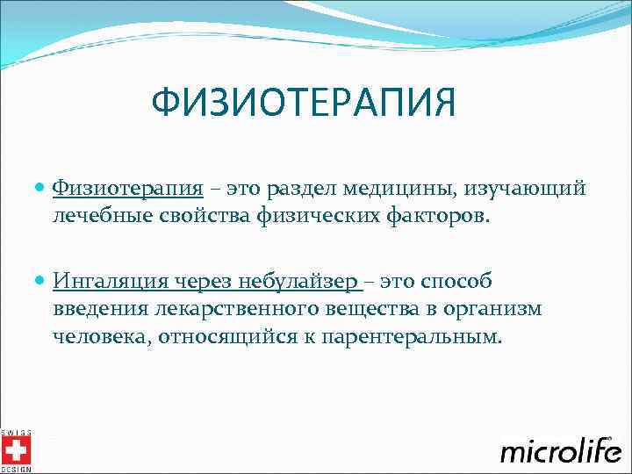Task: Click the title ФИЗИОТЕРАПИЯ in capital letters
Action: [x=304, y=104]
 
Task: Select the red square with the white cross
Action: [x=16, y=450]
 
